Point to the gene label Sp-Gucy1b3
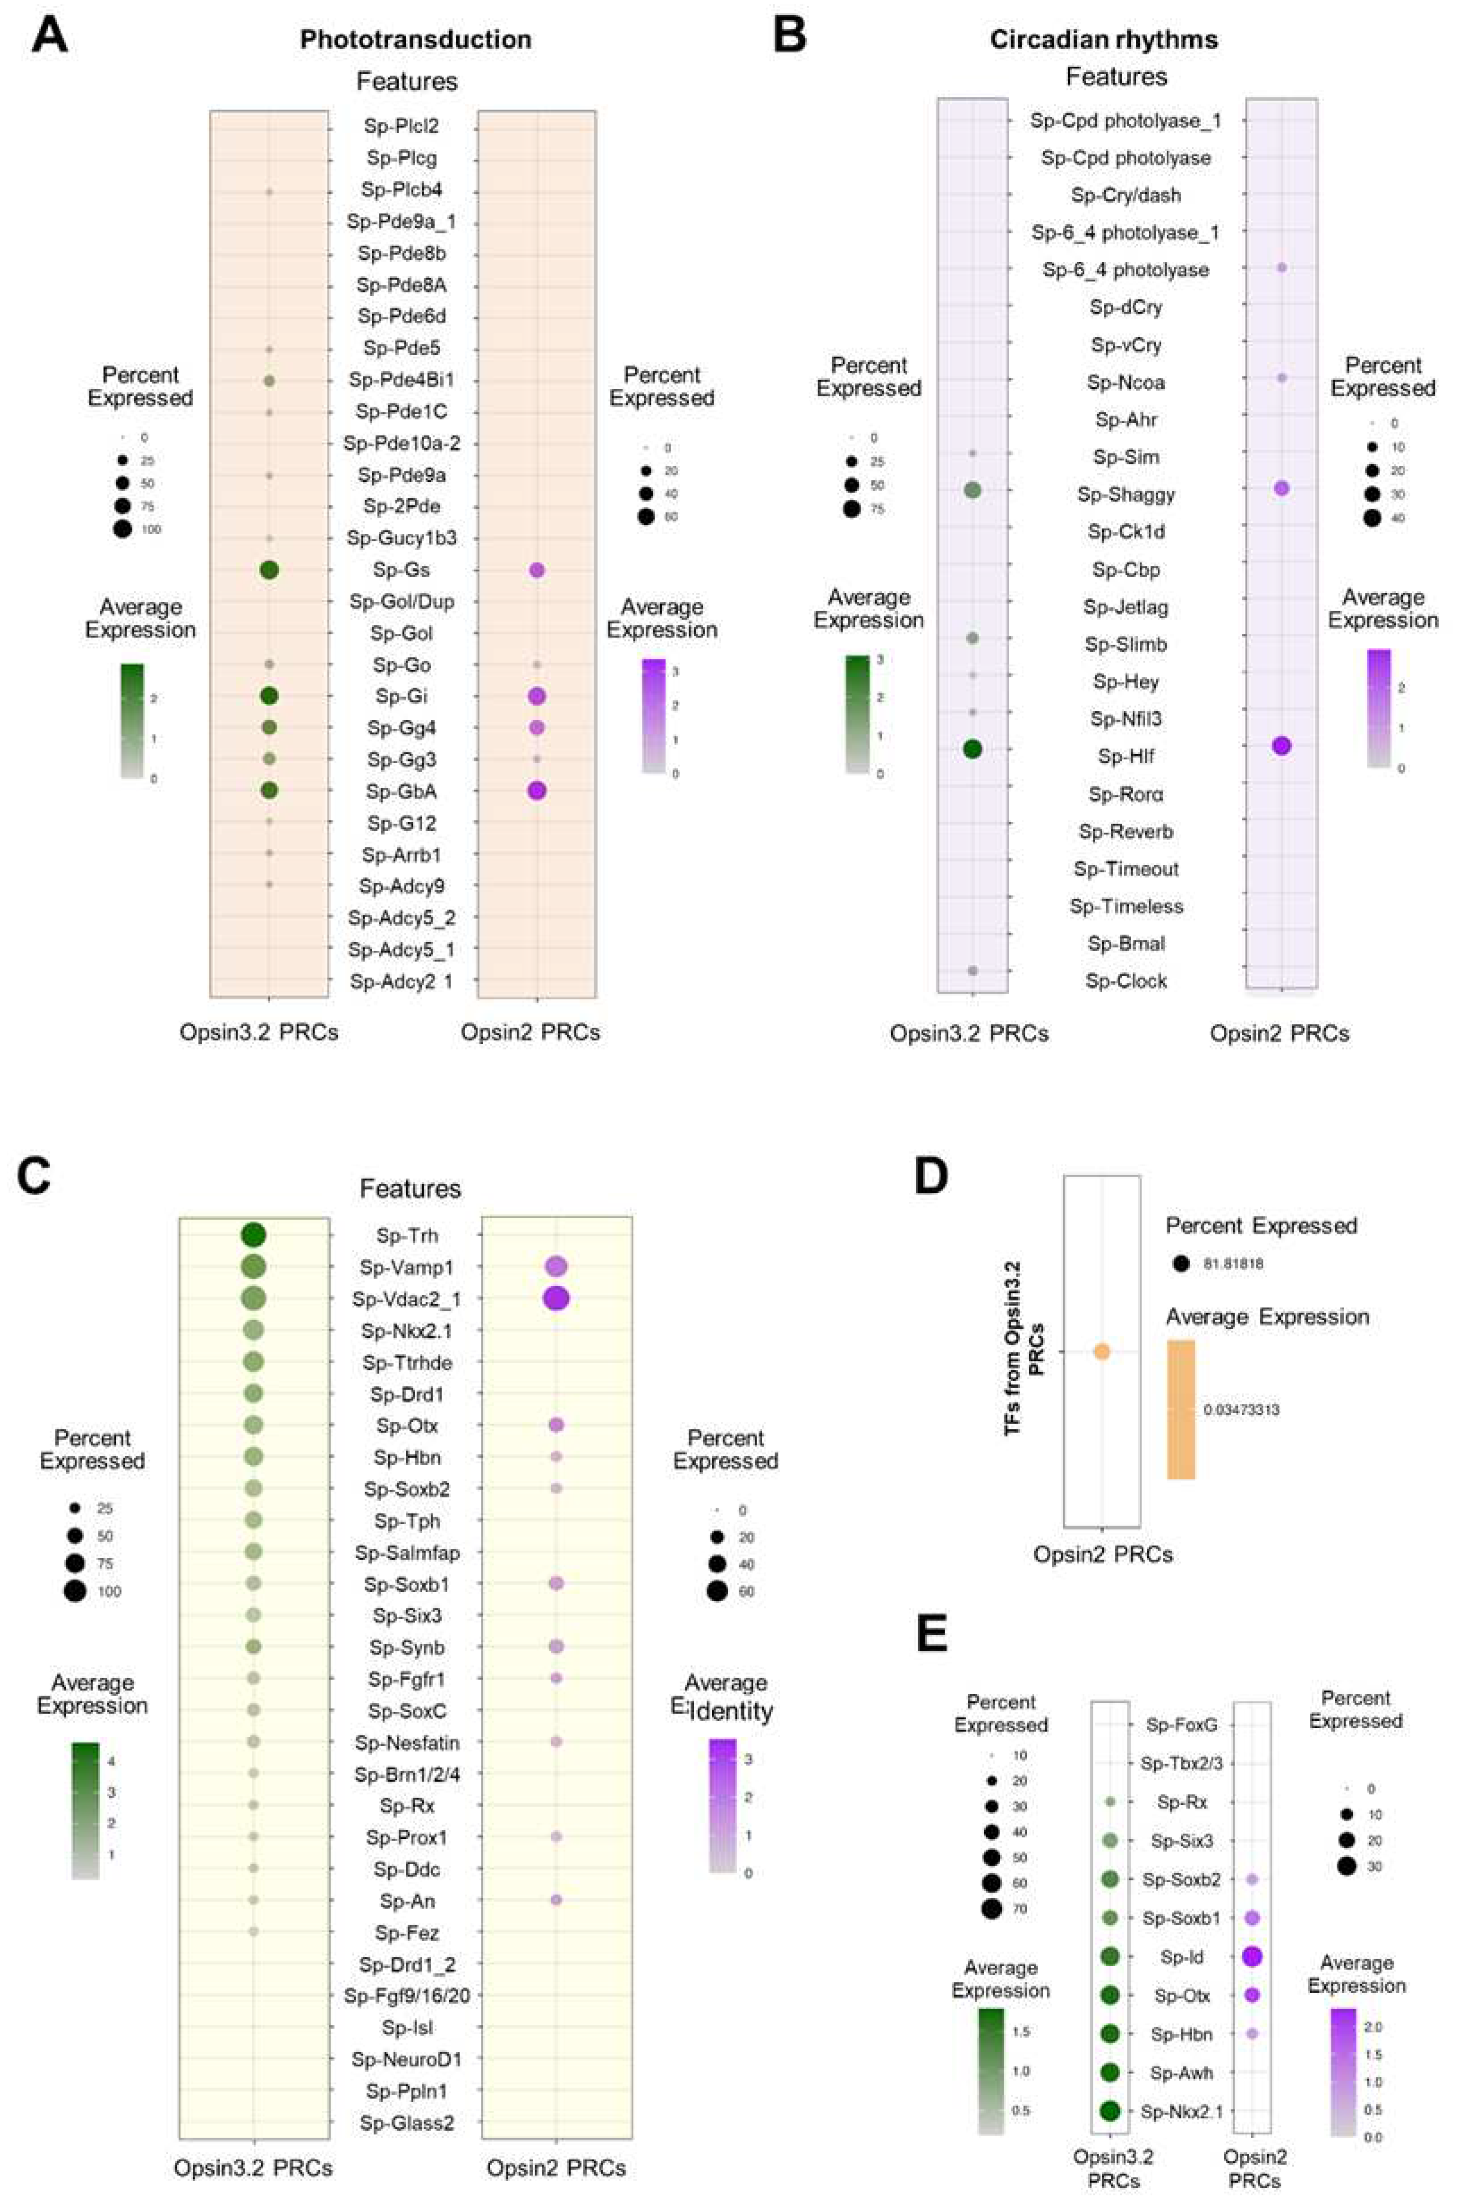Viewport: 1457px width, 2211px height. point(401,538)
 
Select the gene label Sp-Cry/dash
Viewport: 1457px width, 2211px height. point(1125,195)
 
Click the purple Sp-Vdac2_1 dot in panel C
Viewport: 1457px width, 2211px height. point(556,1298)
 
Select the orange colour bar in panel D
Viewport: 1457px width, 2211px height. point(1181,1409)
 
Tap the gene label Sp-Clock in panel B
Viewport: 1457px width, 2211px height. point(1126,981)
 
